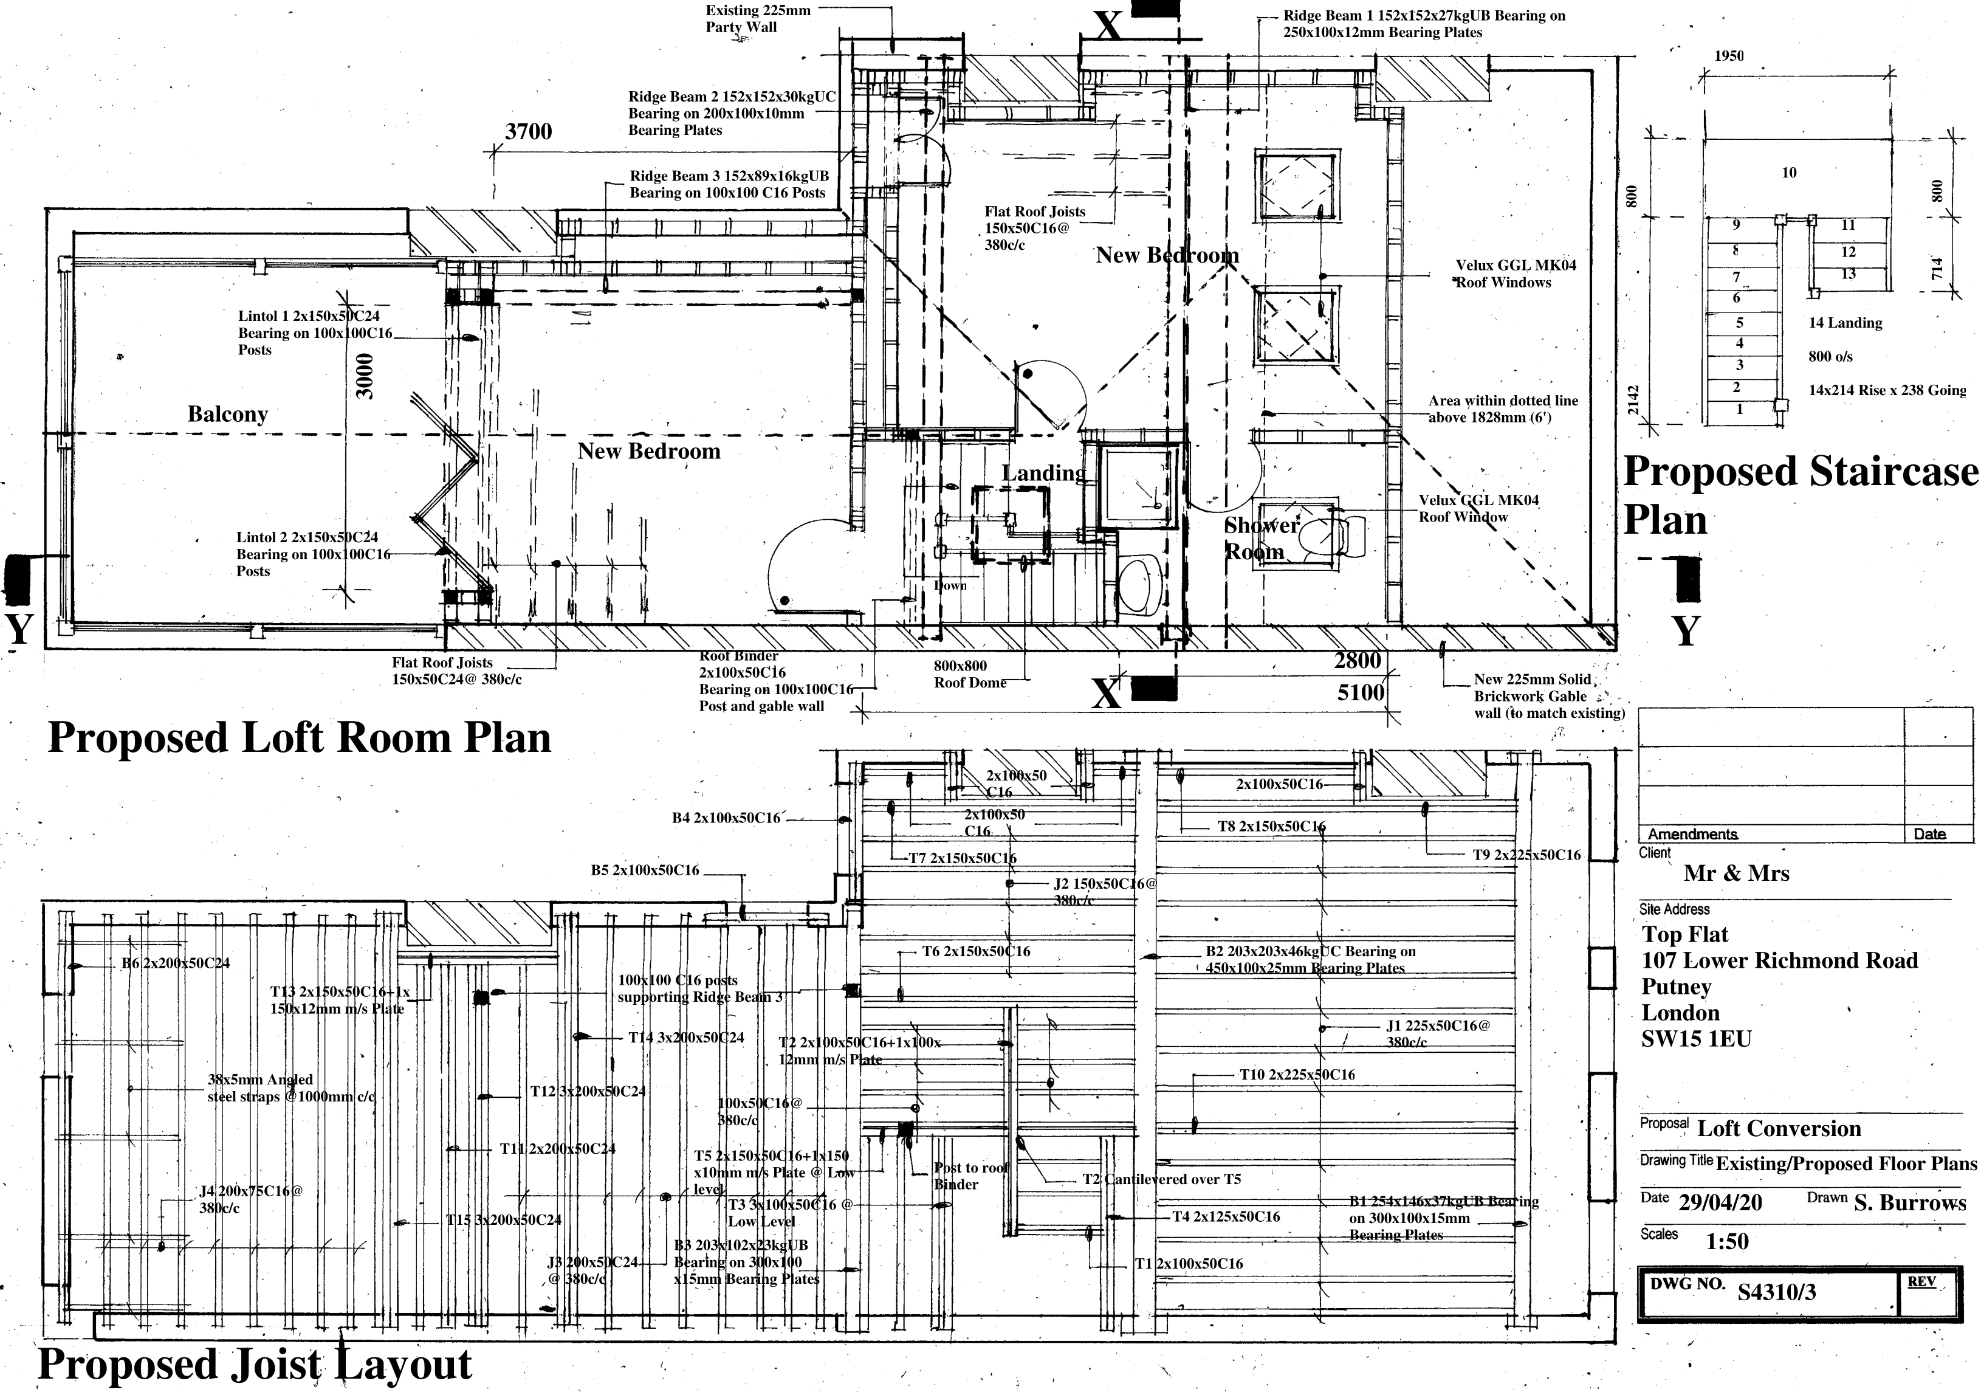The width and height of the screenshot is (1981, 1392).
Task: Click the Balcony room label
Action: pos(228,414)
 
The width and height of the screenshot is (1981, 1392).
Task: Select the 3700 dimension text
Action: pos(528,132)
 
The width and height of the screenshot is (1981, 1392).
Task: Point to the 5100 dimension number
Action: pos(1361,692)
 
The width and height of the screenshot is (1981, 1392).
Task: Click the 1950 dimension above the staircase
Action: pos(1728,56)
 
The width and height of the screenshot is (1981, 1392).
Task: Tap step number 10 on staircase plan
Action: pos(1788,173)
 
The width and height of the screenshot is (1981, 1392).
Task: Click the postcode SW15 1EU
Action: pos(1696,1039)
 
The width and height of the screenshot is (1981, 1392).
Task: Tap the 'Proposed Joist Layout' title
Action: pos(255,1365)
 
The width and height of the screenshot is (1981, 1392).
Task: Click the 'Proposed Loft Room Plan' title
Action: pos(298,738)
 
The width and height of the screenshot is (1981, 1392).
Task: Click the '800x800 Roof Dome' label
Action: pos(969,674)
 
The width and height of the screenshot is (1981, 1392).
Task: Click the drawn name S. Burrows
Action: pos(1909,1203)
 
